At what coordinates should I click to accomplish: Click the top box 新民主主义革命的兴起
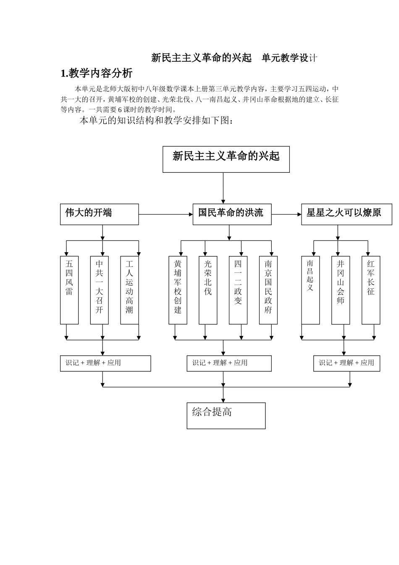226,159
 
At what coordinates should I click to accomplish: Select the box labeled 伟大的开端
99,214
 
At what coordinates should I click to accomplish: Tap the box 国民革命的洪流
232,214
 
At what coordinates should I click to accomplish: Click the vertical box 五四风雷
69,290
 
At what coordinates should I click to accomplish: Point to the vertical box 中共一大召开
100,290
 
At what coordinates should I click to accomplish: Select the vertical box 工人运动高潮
129,290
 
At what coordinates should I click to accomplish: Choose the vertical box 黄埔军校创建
178,290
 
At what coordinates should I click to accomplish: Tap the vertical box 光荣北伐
208,290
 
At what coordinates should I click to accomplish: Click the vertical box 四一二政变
238,290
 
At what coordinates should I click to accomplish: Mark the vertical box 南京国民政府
268,290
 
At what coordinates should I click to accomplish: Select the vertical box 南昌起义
310,290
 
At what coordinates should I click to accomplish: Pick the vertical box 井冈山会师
341,290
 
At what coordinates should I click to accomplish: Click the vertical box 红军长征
371,290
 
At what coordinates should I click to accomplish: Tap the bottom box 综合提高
226,416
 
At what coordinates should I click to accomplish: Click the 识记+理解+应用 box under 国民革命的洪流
229,363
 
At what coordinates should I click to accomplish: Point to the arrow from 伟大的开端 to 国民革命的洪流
165,214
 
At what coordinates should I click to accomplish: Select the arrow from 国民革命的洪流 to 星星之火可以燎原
286,214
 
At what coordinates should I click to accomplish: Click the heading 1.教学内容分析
97,73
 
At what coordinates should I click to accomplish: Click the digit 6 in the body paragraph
120,110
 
